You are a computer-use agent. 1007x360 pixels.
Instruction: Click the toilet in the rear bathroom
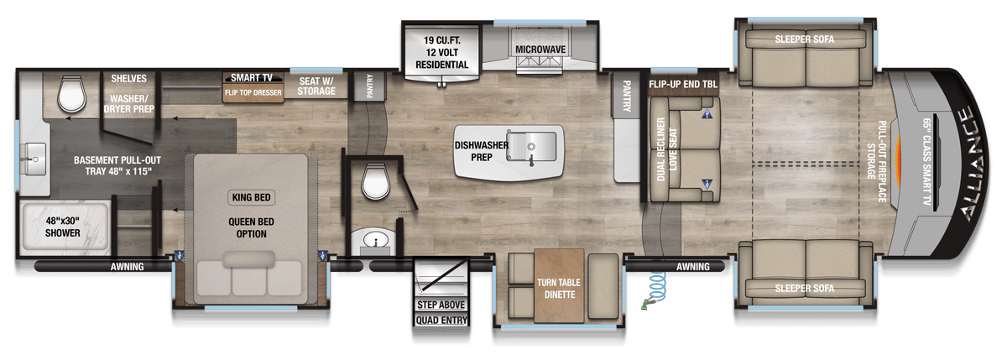point(73,94)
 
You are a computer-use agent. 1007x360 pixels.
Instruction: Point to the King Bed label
point(251,198)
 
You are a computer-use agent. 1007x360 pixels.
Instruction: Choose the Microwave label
point(540,50)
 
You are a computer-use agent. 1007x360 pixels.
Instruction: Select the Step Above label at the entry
point(440,304)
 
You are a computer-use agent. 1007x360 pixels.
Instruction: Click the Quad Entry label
point(440,321)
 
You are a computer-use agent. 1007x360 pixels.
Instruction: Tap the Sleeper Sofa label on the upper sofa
point(805,39)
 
